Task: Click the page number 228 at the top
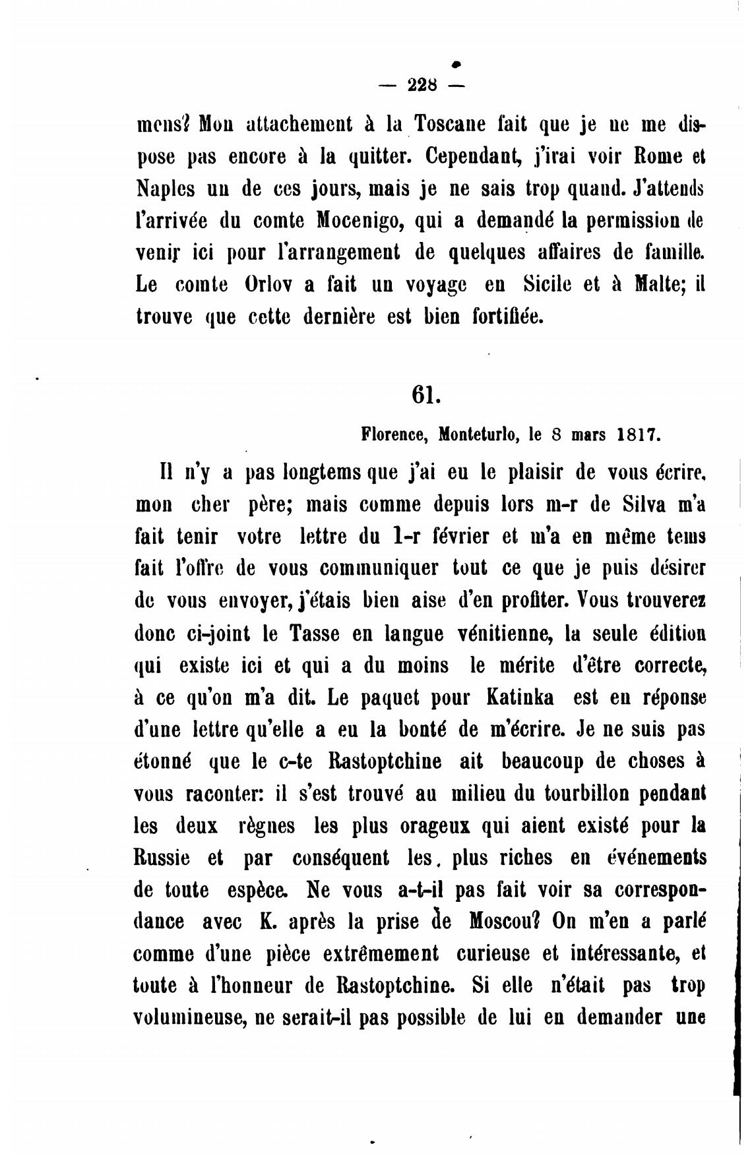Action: pyautogui.click(x=423, y=84)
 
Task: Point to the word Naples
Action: pyautogui.click(x=166, y=189)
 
